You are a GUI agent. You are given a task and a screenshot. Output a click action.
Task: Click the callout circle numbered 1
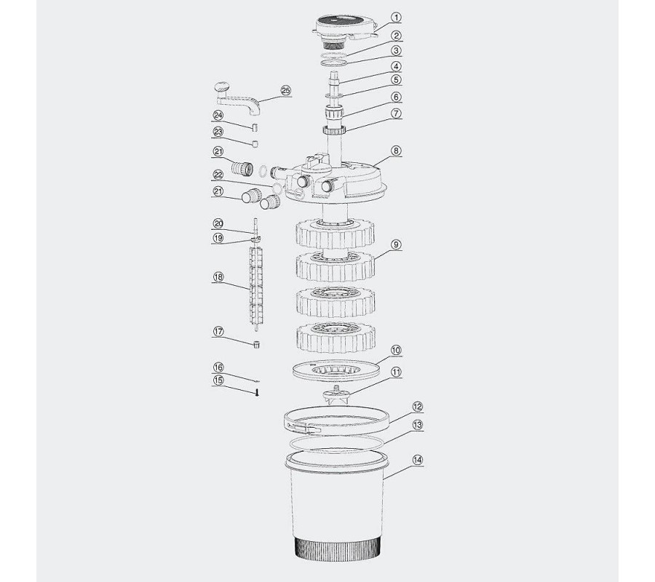coord(396,17)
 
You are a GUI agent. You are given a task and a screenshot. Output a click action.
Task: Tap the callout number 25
coord(286,91)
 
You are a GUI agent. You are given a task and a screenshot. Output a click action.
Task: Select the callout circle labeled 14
coord(417,460)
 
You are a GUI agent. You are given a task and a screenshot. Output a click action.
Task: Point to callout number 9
coord(396,244)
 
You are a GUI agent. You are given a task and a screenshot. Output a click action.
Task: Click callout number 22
coord(218,174)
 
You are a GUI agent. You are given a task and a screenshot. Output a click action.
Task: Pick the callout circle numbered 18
coord(218,276)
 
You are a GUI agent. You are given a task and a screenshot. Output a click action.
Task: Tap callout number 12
coord(417,407)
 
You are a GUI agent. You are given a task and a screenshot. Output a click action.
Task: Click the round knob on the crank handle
coord(221,88)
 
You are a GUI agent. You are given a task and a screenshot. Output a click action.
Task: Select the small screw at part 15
coord(258,392)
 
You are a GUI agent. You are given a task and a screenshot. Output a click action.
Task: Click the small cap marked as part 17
coord(256,344)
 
